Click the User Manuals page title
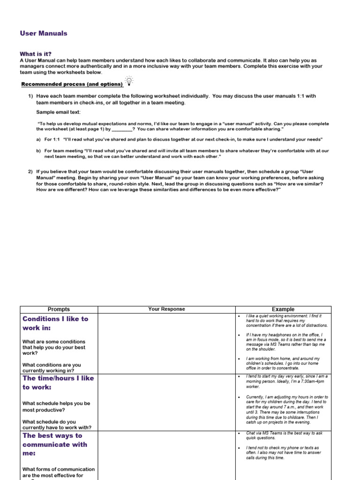[x=44, y=33]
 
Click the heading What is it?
[x=36, y=54]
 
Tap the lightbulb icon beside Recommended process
[x=129, y=81]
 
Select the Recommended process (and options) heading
[x=72, y=84]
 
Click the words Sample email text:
[x=58, y=112]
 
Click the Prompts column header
[x=59, y=309]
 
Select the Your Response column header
[x=166, y=309]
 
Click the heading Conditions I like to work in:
[x=55, y=323]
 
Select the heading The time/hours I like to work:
[x=58, y=382]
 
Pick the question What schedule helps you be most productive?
[x=56, y=406]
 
